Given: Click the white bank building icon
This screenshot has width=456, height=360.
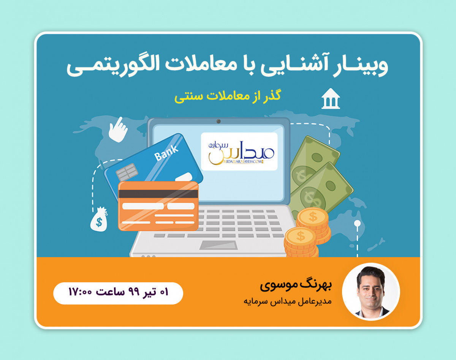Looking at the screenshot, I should click(330, 99).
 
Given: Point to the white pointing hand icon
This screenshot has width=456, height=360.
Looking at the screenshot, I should click(118, 129).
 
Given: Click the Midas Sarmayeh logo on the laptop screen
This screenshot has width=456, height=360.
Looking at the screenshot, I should click(239, 151).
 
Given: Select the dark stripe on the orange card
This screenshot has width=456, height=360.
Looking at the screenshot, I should click(158, 194).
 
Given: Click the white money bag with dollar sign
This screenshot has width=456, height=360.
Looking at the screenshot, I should click(99, 219).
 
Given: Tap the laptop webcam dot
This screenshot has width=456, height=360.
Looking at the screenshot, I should click(218, 121).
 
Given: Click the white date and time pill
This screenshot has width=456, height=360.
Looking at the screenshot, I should click(118, 293).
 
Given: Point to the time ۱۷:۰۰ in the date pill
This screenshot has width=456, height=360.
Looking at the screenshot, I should click(81, 293).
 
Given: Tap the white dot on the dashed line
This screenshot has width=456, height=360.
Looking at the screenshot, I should click(357, 223).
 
